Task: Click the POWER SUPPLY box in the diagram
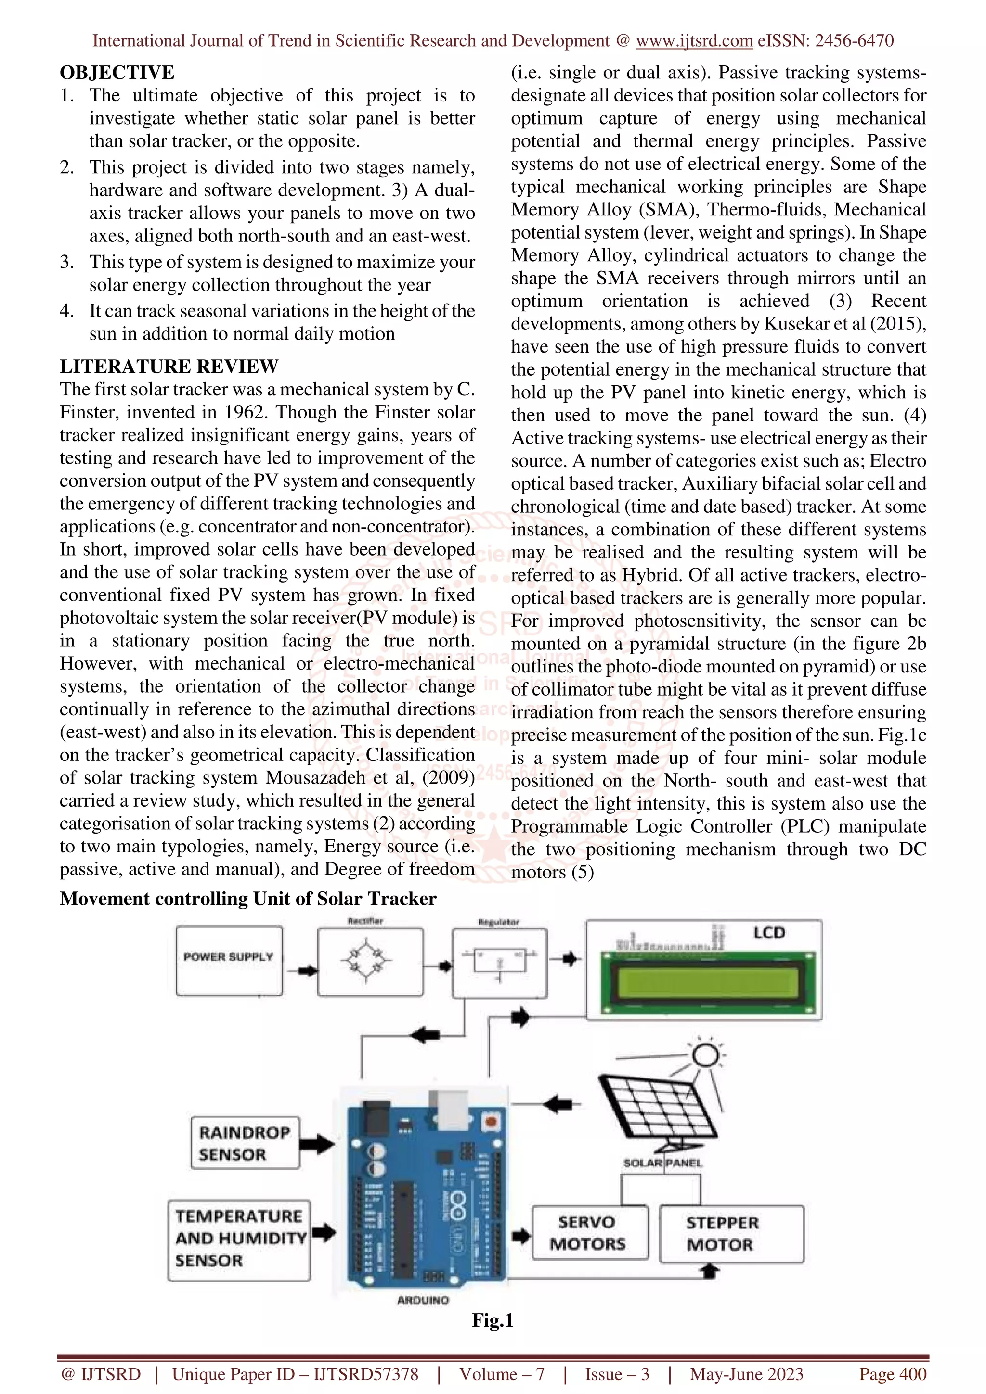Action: pos(229,961)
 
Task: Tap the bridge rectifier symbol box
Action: pos(370,962)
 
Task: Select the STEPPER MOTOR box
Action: pos(731,1234)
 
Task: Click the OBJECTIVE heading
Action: pos(117,72)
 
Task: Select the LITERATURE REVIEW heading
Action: pos(169,366)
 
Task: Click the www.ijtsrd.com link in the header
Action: pos(694,41)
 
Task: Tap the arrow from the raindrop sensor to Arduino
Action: pos(317,1145)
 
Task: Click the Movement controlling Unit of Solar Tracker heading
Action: pos(248,899)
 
